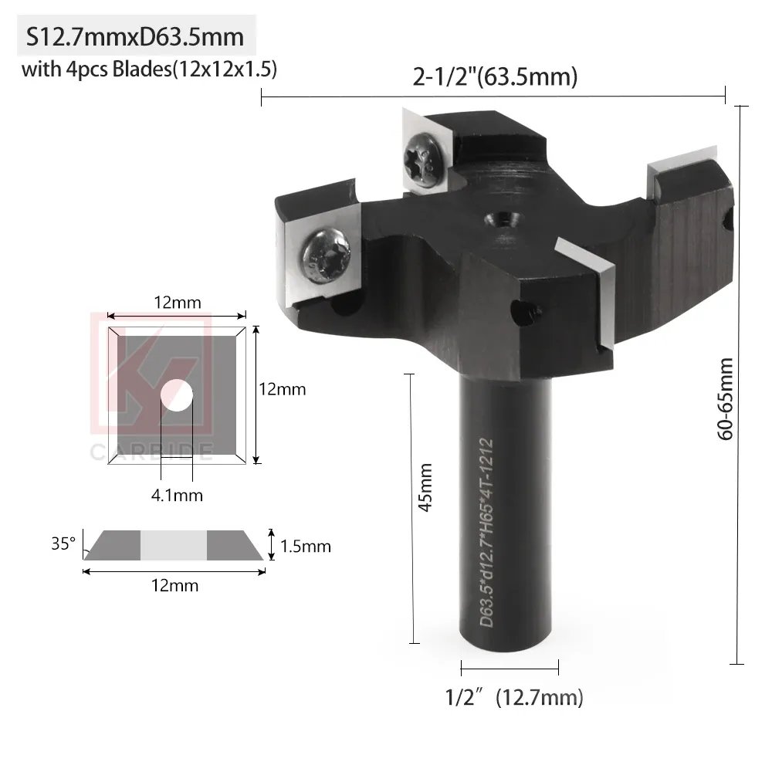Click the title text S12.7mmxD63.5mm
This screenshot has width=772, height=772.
135,37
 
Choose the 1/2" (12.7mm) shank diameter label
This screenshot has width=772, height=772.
514,699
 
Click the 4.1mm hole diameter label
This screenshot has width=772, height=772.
178,495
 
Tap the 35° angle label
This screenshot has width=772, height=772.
63,543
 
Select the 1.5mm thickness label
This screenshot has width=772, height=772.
306,547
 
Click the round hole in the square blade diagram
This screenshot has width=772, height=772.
177,394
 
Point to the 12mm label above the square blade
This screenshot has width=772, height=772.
177,302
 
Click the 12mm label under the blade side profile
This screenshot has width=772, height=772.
174,585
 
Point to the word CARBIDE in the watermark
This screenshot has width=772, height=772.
151,452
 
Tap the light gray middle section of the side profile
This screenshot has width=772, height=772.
173,545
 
